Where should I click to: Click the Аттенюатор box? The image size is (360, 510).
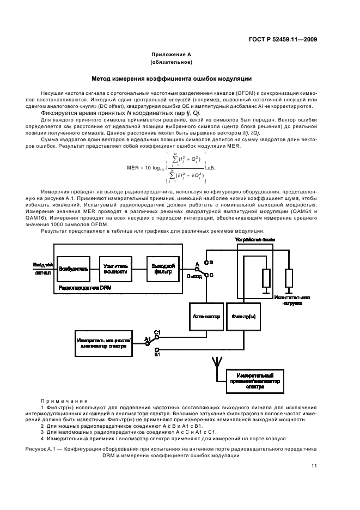click(206, 316)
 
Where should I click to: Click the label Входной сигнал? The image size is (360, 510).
click(42, 268)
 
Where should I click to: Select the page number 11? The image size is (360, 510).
click(314, 466)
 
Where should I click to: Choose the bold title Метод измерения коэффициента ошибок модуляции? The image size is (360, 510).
click(171, 78)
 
